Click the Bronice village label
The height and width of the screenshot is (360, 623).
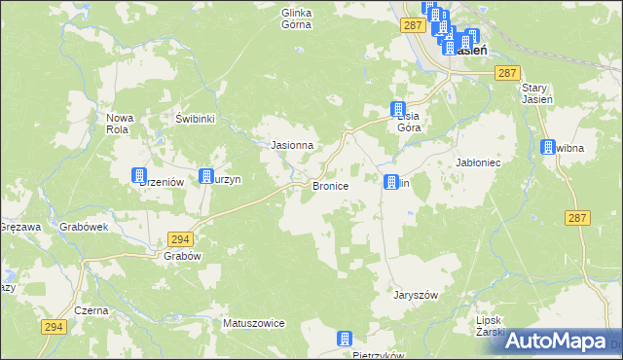[x=329, y=185]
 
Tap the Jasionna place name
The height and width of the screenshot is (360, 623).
[x=291, y=145]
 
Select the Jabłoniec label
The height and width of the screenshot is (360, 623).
[x=478, y=162]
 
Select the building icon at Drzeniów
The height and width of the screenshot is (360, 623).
[x=139, y=175]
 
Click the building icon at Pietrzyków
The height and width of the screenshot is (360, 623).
[x=344, y=338]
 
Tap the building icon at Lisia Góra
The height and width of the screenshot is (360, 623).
[x=398, y=109]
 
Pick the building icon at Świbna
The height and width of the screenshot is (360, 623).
[x=548, y=147]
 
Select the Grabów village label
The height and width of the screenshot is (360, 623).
[x=182, y=256]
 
